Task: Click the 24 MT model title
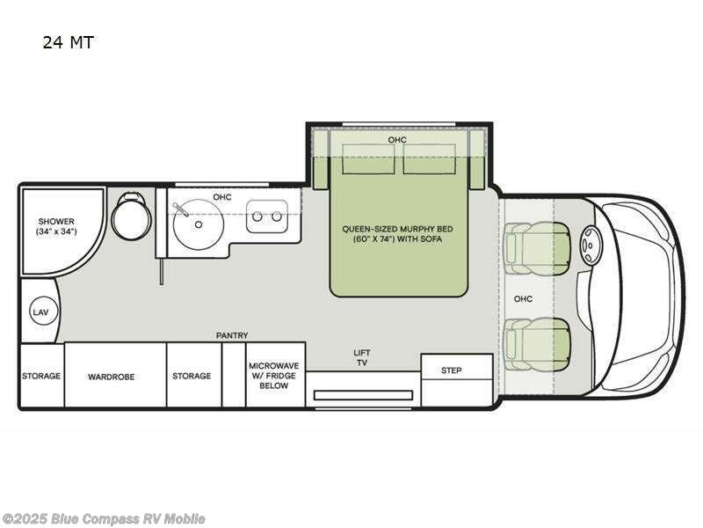(69, 42)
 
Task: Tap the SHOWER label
(56, 222)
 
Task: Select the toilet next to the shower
(130, 216)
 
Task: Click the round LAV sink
(44, 312)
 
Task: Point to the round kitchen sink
(199, 224)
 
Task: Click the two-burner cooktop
(267, 216)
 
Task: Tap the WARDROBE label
(112, 377)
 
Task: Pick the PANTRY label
(232, 335)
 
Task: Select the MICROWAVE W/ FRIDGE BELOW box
(275, 375)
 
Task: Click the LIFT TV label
(362, 357)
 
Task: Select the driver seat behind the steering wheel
(537, 248)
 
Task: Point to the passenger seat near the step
(537, 344)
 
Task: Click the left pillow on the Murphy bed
(368, 159)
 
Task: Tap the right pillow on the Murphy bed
(429, 159)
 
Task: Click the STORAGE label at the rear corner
(41, 376)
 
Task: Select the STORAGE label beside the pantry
(192, 376)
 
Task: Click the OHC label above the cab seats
(523, 298)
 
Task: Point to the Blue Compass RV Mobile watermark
(103, 519)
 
